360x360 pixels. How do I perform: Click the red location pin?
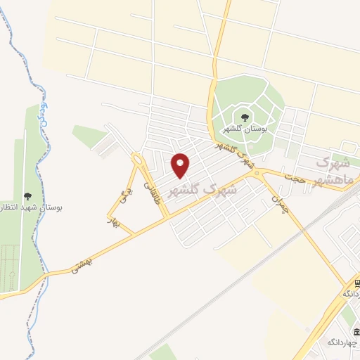point(181,165)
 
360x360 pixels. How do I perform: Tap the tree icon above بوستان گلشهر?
point(245,117)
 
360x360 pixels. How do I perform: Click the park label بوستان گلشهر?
point(244,129)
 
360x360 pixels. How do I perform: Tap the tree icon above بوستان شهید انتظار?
point(27,196)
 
